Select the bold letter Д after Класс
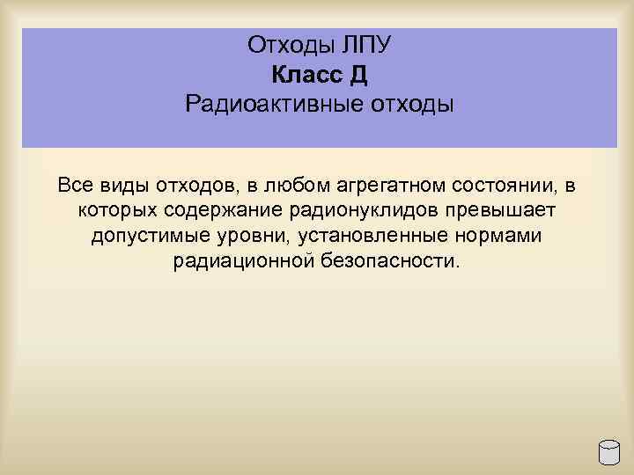point(358,76)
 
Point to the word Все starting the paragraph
point(75,186)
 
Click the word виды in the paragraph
point(126,186)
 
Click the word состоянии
point(512,186)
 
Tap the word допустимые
point(144,237)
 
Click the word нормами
point(498,237)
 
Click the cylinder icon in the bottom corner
point(609,451)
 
